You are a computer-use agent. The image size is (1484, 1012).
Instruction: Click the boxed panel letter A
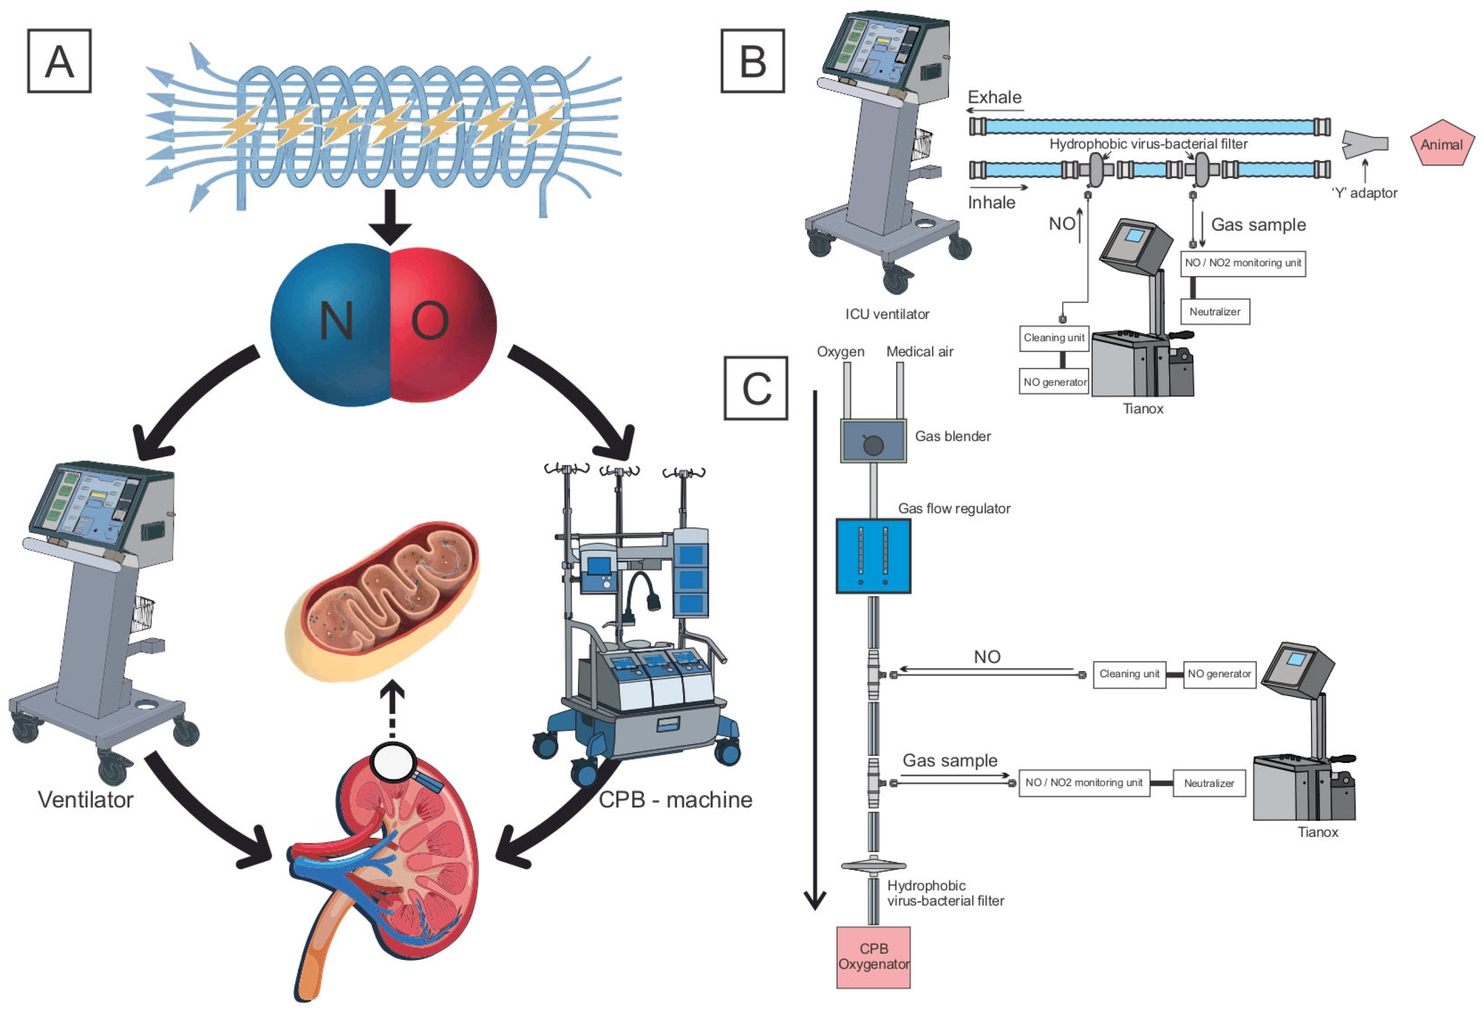pos(59,61)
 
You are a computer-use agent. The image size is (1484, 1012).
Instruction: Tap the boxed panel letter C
pos(756,388)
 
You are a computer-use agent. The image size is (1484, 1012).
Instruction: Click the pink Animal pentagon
pos(1441,144)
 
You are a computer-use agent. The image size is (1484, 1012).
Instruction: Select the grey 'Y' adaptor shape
pos(1364,144)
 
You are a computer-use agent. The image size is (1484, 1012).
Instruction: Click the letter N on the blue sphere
pos(337,321)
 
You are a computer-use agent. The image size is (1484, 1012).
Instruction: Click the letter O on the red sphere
pos(430,321)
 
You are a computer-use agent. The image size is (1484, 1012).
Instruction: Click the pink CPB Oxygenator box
pos(873,957)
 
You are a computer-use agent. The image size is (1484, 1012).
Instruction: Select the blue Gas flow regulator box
pos(873,556)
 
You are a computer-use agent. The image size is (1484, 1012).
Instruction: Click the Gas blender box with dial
pos(873,441)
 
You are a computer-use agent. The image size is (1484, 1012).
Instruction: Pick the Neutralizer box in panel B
pos(1215,312)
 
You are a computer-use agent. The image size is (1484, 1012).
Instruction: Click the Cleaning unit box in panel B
pos(1054,338)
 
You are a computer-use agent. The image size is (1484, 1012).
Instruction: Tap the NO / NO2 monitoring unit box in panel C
pos(1084,783)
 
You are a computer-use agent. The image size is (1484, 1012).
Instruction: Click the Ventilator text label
pos(85,799)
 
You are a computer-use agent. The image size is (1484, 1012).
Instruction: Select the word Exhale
pos(994,97)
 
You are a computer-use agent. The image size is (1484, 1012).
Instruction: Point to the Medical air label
pos(920,351)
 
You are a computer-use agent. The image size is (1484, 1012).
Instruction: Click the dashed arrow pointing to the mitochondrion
pos(392,709)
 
